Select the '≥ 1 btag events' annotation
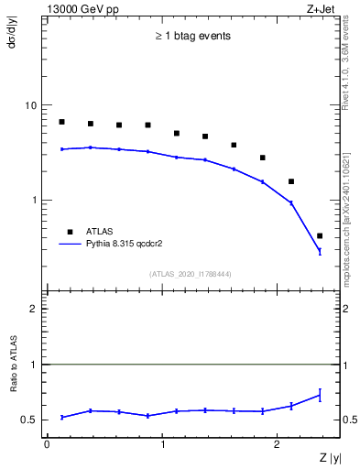[x=191, y=37]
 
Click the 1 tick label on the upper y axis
[x=35, y=200]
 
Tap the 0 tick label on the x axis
[x=47, y=445]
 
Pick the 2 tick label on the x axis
[x=279, y=445]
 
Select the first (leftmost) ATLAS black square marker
[x=61, y=122]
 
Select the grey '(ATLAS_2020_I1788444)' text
[x=191, y=274]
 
